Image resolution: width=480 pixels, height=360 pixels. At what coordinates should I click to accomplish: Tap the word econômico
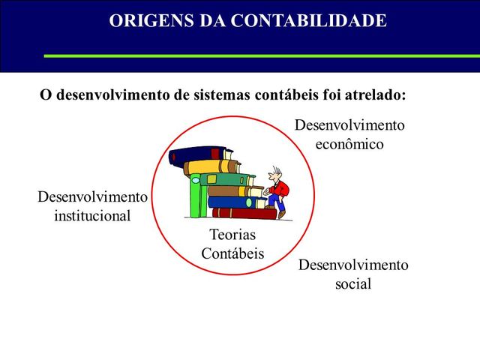[x=349, y=143]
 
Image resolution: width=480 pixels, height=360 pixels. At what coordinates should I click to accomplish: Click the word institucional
[x=92, y=216]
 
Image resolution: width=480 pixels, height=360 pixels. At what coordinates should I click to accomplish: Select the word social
[x=353, y=284]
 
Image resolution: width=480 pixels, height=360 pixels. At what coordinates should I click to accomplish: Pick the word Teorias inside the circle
[x=232, y=235]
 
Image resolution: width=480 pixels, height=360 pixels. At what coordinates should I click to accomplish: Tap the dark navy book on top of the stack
[x=196, y=154]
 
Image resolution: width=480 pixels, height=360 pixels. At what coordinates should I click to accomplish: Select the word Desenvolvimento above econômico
[x=349, y=124]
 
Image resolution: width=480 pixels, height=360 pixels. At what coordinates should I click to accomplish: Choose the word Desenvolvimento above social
[x=353, y=265]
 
